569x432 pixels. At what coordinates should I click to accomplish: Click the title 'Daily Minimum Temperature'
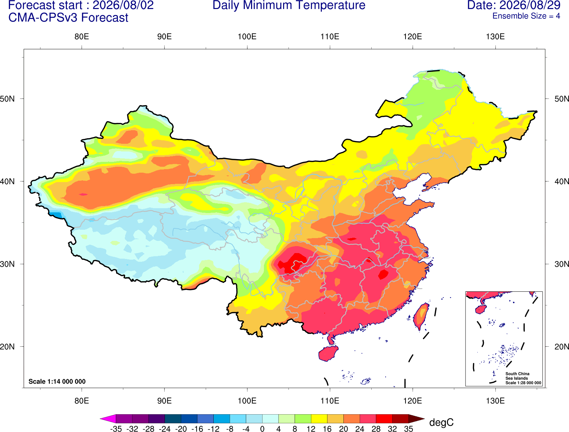tap(289, 5)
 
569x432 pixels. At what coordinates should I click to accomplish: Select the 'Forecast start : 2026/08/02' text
tap(81, 5)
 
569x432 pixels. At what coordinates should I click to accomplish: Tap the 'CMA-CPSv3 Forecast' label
tap(68, 18)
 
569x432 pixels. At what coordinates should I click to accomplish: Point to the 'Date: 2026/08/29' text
tap(514, 5)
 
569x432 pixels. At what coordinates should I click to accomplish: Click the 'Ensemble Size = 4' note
tap(526, 16)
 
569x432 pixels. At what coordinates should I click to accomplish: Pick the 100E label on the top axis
tap(247, 37)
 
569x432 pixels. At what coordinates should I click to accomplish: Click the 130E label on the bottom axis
tap(495, 401)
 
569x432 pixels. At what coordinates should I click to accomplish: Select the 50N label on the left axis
tap(7, 99)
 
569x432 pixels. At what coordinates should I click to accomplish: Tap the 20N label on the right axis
tap(562, 347)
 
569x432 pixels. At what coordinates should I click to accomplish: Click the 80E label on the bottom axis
tap(82, 401)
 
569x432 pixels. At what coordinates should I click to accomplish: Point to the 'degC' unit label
tap(441, 422)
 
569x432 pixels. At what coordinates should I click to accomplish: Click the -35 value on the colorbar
tap(116, 429)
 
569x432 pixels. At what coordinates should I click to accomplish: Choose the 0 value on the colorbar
tap(262, 429)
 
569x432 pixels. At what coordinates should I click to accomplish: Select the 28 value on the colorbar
tap(376, 429)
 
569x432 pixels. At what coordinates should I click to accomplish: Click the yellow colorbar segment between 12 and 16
tap(319, 418)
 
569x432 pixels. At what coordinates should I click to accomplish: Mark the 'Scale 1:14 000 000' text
tap(57, 381)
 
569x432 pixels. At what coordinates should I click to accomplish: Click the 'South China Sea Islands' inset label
tap(517, 376)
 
